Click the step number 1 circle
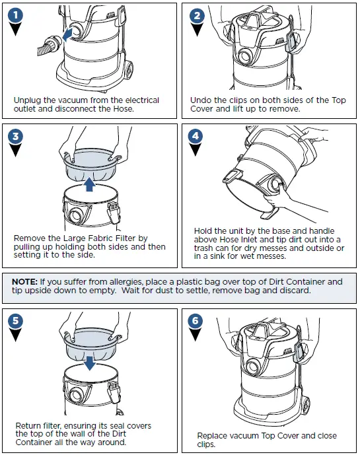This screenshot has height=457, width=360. click(x=16, y=15)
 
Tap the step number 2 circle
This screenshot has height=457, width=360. click(x=197, y=15)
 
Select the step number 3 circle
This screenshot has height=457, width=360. click(x=16, y=136)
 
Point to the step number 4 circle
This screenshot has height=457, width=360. click(x=196, y=135)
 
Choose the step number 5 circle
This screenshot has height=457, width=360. click(x=15, y=320)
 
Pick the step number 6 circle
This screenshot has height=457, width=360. click(x=196, y=320)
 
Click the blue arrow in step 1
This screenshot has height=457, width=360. click(x=67, y=34)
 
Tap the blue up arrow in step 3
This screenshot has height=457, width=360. click(x=89, y=185)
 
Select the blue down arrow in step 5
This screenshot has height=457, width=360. click(x=89, y=363)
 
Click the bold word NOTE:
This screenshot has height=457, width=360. click(x=25, y=282)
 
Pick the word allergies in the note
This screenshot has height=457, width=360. click(x=127, y=282)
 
